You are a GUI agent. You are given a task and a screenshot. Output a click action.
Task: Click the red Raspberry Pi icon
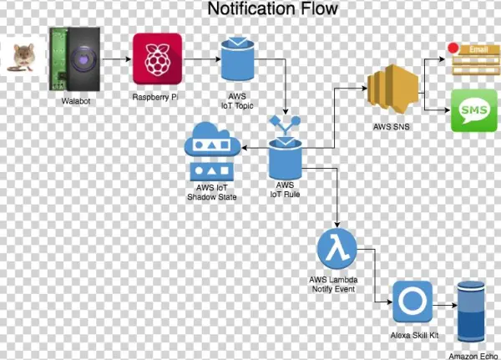157,58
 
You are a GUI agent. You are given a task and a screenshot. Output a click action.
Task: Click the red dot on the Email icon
454,49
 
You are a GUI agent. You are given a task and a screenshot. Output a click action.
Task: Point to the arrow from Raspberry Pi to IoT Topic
200,59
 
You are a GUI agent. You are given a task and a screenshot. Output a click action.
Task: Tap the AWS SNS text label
392,129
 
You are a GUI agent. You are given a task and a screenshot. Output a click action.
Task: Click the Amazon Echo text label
478,355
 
